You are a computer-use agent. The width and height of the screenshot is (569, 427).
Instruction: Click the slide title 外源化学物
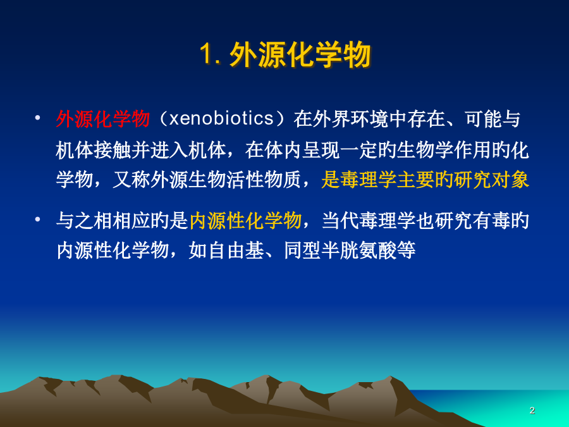[300, 55]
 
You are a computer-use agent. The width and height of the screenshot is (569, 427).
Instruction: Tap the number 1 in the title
[205, 55]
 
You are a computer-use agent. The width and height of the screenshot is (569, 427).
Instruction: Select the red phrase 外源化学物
[103, 119]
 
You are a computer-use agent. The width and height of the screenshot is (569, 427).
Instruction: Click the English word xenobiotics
[221, 119]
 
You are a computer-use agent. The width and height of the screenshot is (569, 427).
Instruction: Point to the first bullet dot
[37, 118]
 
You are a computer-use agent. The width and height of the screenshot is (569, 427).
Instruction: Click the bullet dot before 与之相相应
[37, 220]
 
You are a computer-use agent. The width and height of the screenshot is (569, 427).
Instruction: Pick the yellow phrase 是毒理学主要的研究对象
[425, 180]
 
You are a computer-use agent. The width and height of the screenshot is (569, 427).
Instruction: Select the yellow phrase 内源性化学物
[245, 220]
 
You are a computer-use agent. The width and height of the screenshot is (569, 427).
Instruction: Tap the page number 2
[532, 411]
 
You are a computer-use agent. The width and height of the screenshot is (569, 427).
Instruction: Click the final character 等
[406, 250]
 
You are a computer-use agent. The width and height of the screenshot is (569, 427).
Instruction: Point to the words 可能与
[493, 119]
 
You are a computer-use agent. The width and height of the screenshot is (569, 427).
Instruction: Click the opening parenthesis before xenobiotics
[162, 119]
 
